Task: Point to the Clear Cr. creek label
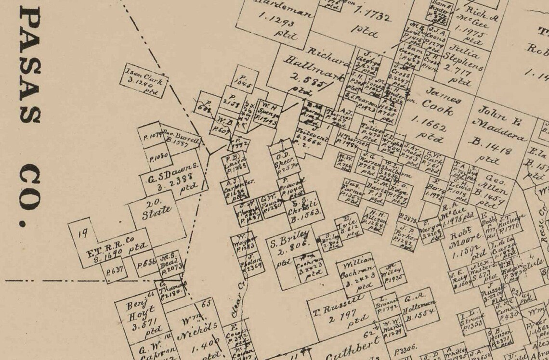point(236,304)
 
